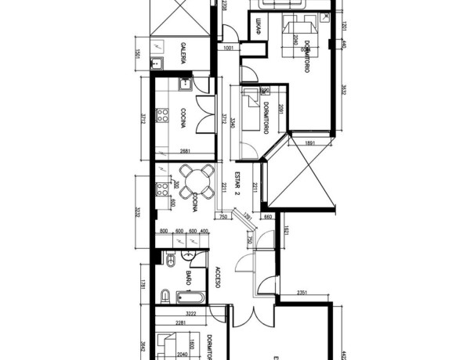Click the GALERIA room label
tap(183, 52)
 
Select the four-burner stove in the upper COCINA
tap(164, 116)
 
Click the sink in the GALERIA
tap(157, 63)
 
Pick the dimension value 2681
tap(186, 151)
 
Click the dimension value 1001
tap(230, 49)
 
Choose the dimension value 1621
tap(288, 230)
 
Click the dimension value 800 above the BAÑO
tap(164, 232)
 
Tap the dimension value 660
tap(267, 218)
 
